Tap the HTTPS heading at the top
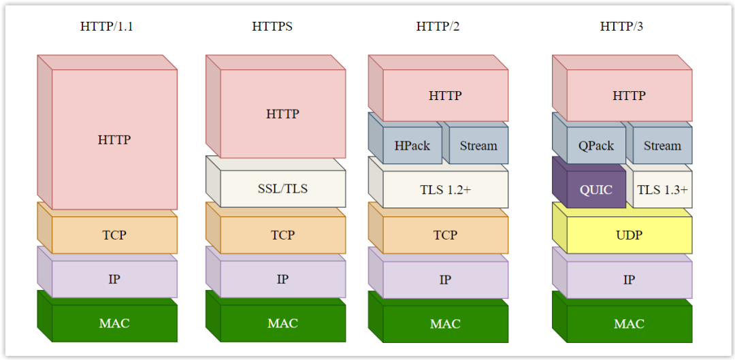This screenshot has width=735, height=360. (272, 27)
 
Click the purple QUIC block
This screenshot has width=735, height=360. (595, 190)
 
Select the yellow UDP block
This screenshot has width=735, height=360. (629, 235)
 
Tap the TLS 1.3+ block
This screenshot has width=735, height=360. (662, 190)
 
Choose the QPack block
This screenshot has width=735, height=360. (595, 146)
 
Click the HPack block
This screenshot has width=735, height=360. (412, 146)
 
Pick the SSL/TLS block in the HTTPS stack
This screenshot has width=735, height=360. (282, 189)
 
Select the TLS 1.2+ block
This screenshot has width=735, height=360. (445, 190)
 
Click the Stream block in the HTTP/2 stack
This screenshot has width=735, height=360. (478, 146)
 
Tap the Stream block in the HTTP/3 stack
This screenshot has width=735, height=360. (662, 146)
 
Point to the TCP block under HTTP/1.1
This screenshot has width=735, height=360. (114, 235)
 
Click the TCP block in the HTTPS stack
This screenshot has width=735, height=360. (282, 235)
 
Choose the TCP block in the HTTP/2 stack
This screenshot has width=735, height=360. (445, 235)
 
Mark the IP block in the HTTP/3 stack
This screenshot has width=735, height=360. (629, 280)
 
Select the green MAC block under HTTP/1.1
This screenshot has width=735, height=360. (114, 323)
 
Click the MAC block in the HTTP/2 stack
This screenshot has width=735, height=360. (445, 324)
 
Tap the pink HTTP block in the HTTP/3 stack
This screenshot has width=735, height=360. (629, 96)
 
